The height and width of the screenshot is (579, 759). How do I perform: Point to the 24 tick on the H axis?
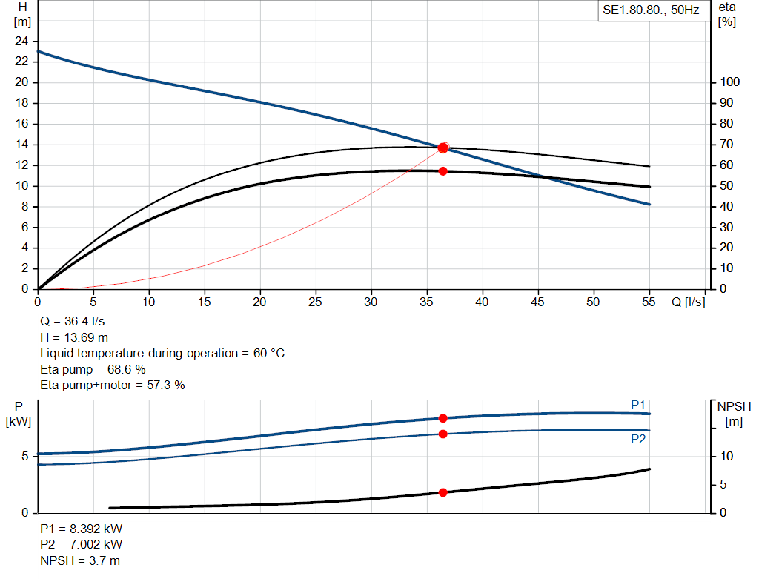21,42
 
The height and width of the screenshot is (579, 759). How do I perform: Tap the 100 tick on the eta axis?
730,82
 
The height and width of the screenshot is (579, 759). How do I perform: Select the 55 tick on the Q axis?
649,302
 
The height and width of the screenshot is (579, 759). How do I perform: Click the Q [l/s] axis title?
689,302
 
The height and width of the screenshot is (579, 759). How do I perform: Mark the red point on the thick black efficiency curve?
443,171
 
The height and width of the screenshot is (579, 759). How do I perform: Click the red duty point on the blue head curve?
443,148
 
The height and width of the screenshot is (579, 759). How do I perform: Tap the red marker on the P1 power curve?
443,418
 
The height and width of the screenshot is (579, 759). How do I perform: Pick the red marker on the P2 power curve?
443,434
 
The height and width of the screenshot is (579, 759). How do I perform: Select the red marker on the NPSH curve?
443,492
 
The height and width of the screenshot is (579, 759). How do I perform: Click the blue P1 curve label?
638,406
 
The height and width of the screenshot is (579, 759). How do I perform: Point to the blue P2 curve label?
638,439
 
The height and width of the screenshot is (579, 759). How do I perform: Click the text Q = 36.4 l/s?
72,322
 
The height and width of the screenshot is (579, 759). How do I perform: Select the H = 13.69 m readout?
74,337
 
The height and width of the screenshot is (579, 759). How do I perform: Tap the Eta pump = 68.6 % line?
93,369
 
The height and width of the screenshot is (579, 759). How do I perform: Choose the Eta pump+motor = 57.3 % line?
113,386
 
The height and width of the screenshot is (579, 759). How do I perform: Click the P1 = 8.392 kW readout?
82,529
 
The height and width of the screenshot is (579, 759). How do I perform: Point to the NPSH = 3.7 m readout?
80,560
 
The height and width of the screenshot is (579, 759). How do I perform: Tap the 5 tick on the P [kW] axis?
25,457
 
